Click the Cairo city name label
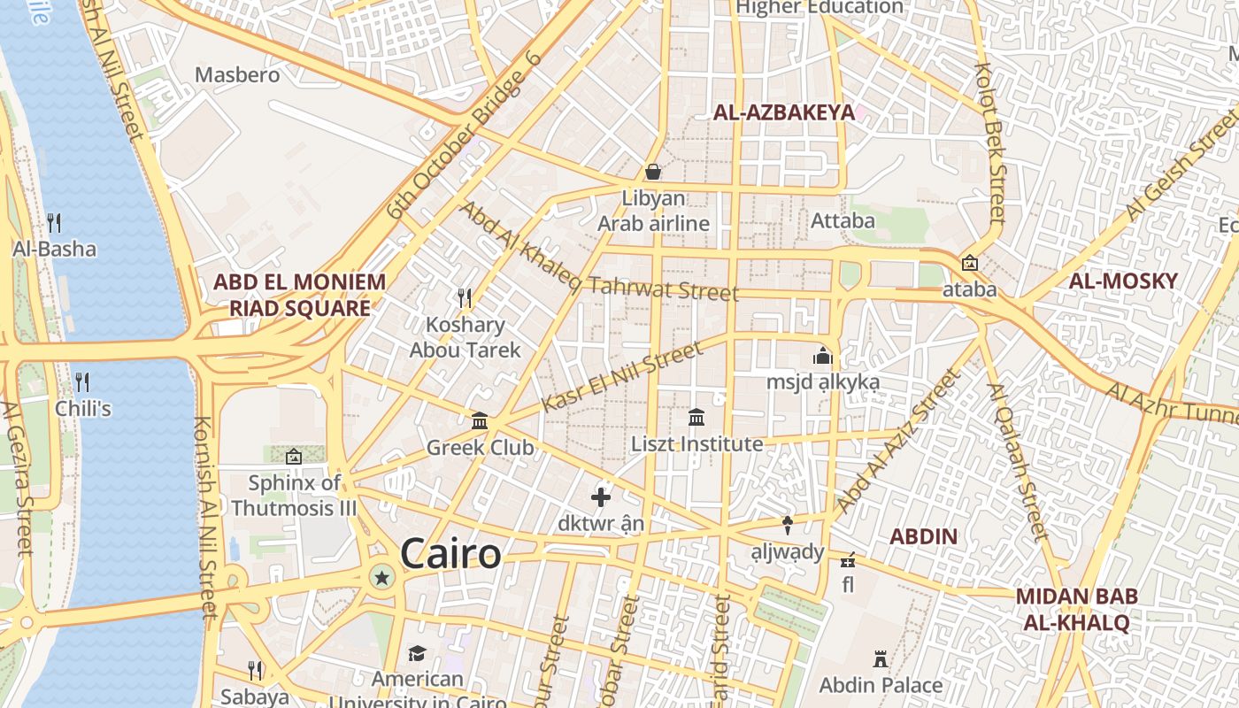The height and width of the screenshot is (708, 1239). click(450, 555)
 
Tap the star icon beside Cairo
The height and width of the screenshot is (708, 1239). click(382, 578)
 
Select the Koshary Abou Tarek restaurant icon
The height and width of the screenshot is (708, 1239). click(463, 297)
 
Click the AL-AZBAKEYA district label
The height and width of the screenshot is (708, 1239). click(784, 112)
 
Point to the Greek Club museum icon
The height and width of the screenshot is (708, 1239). click(480, 420)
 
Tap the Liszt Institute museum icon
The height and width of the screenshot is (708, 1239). click(696, 417)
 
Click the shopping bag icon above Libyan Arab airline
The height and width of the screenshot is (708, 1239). click(653, 172)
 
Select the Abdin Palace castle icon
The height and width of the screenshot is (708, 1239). click(880, 659)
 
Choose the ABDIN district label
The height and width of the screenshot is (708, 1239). click(923, 536)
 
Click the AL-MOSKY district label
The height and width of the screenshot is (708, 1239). click(1123, 281)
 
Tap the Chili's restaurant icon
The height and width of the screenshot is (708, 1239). click(82, 381)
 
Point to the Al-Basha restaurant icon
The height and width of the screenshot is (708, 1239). click(54, 221)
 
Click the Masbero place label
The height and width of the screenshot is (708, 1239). click(237, 74)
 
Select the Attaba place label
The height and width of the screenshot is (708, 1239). click(843, 220)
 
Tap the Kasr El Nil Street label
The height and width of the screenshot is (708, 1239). click(622, 377)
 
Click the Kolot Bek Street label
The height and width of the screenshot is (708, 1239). click(990, 142)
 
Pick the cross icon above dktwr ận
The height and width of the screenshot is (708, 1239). click(601, 497)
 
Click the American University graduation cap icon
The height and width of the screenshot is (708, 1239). click(417, 653)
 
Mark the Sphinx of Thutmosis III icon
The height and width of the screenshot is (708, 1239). click(294, 457)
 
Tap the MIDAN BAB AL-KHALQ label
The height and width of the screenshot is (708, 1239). click(1076, 609)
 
